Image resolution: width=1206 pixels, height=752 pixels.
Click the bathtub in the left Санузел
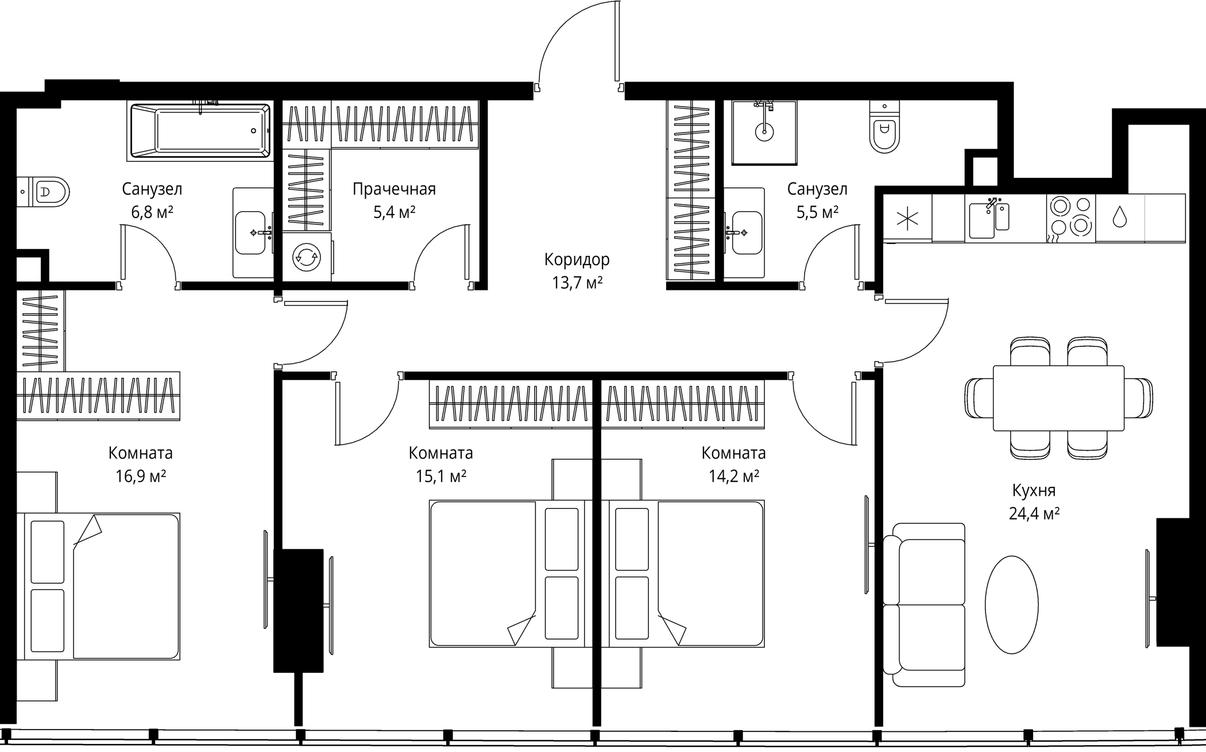point(200,131)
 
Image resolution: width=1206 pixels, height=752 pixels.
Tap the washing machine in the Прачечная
point(307,257)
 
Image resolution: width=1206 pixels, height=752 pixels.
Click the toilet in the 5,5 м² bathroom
point(884,127)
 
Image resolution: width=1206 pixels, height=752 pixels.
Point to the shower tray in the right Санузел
point(764,133)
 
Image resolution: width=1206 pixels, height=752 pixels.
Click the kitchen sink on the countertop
point(989,219)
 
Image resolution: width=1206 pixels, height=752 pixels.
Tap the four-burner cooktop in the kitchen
point(1070,218)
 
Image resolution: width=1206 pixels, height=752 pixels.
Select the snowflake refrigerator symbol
point(907,219)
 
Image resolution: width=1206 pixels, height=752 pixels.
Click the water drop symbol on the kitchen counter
point(1120,218)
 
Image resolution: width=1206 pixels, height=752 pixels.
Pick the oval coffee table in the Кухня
point(1011,604)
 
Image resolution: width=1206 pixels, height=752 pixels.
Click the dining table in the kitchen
point(1058,398)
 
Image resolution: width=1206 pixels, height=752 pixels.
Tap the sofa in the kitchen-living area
point(923,605)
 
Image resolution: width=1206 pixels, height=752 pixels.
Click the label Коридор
point(577,259)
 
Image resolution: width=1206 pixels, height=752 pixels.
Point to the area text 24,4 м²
point(1034,513)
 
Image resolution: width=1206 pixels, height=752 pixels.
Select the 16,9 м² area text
point(141,476)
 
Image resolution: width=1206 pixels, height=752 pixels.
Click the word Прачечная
point(394,189)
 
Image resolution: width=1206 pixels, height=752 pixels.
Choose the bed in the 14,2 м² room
point(687,574)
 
